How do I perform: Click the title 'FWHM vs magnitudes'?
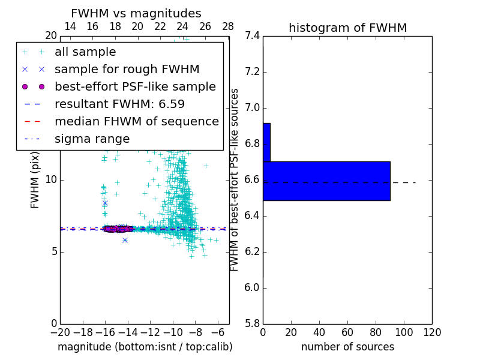point(136,13)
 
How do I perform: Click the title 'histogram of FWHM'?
point(347,28)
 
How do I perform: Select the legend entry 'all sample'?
point(85,52)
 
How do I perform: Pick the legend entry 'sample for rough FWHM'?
point(127,69)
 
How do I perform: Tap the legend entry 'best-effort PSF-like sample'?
point(135,86)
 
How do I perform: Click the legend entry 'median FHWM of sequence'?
point(136,121)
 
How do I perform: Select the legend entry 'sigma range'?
point(92,139)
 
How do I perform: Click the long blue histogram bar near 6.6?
point(326,181)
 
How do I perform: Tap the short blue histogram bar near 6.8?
point(266,142)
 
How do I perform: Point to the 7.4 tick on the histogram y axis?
point(252,36)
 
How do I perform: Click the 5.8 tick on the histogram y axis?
point(252,323)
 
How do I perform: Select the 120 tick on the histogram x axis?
point(431,332)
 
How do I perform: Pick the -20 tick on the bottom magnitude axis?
point(60,332)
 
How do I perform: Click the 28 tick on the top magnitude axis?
point(228,27)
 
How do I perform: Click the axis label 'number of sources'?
point(347,347)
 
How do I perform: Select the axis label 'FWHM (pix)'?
point(35,179)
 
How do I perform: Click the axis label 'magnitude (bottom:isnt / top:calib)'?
point(145,347)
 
